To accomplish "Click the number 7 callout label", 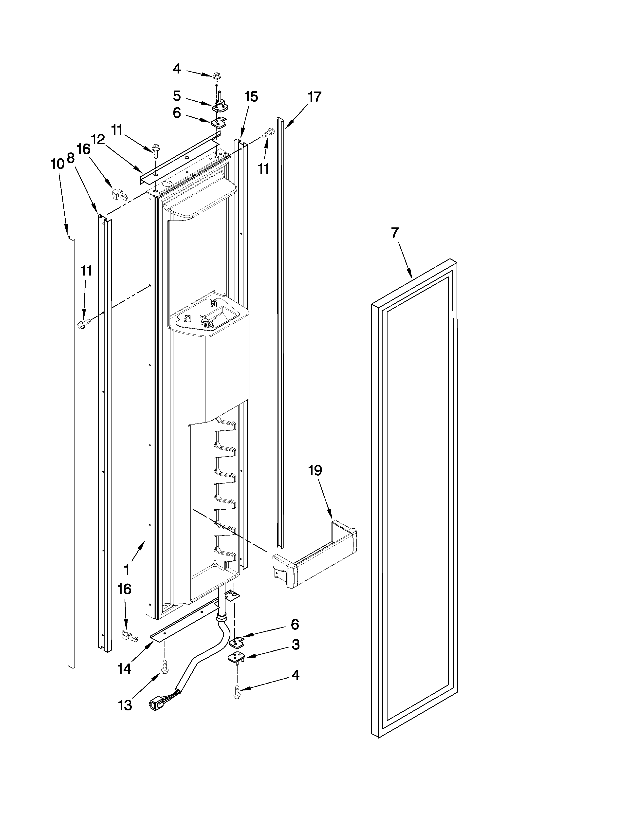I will coord(395,233).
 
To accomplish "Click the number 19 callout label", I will coord(315,471).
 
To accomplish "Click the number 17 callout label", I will coord(314,97).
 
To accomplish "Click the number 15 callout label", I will coord(251,97).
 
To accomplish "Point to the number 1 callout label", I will coord(127,570).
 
